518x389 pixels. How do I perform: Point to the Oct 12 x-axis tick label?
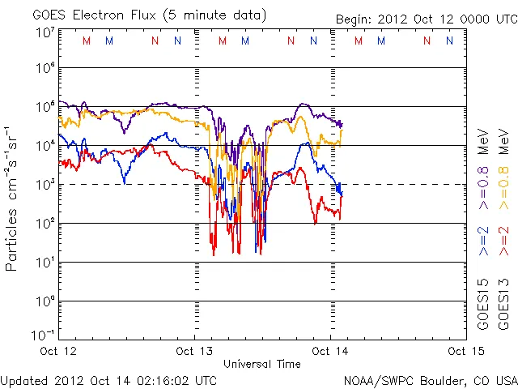[x=58, y=351]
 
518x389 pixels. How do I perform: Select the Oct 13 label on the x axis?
[x=193, y=351]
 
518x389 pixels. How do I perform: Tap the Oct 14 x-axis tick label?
[x=329, y=351]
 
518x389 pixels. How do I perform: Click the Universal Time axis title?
[x=262, y=363]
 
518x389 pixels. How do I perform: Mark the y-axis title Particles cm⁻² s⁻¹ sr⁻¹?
[x=12, y=198]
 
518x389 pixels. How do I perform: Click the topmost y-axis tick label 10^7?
[x=44, y=32]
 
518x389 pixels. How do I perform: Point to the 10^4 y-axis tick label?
[x=44, y=145]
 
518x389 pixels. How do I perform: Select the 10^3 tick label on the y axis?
[x=44, y=184]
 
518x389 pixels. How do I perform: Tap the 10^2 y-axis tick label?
[x=44, y=223]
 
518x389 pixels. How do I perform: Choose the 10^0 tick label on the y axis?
[x=44, y=301]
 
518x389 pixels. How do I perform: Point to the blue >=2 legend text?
[x=483, y=241]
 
